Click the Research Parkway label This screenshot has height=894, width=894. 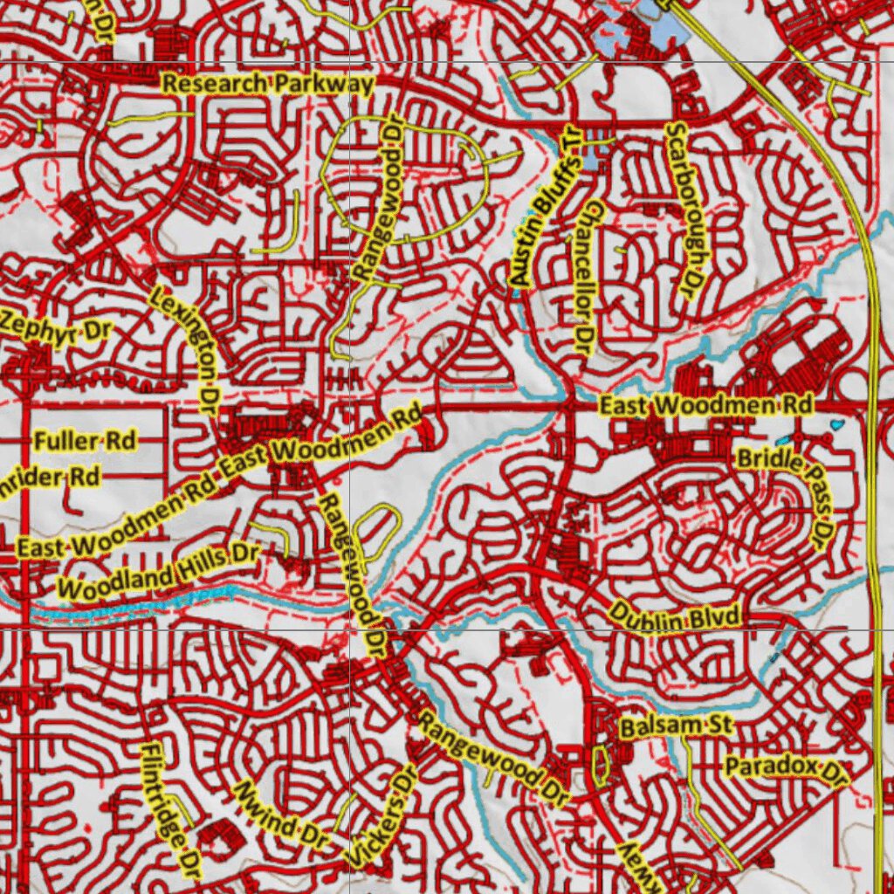[x=269, y=85]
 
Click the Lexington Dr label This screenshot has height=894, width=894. [x=186, y=341]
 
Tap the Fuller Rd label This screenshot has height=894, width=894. [x=85, y=441]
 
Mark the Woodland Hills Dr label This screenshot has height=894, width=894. [x=159, y=572]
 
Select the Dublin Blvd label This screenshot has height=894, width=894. [x=675, y=616]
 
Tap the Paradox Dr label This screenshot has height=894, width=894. [x=787, y=768]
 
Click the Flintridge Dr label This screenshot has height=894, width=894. [x=170, y=810]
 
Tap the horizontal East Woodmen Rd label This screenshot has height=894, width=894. [x=705, y=405]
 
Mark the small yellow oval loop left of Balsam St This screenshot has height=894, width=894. [x=600, y=762]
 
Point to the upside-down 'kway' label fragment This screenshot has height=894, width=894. [x=636, y=869]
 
